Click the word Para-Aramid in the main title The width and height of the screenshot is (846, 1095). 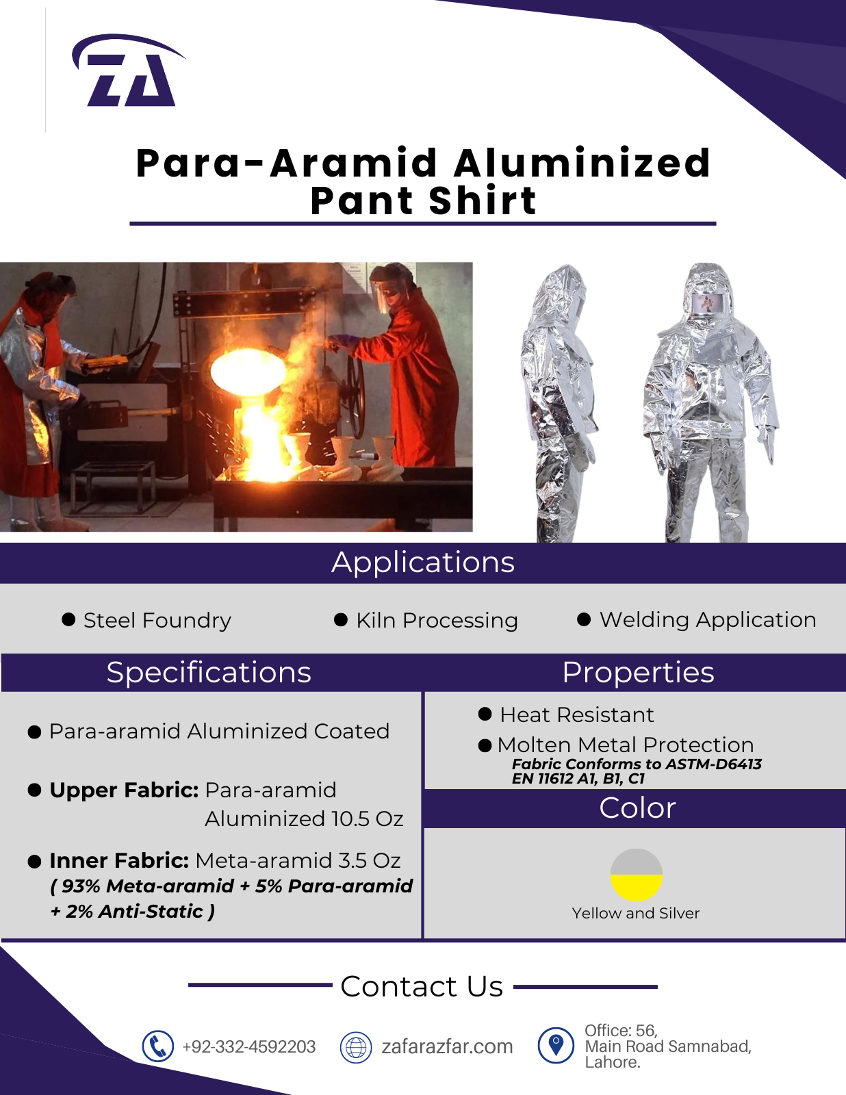(287, 163)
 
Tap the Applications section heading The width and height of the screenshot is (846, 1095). (423, 563)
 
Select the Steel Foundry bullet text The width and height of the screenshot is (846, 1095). (157, 620)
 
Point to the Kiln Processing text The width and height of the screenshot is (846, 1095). (437, 620)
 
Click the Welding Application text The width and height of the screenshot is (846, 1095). (708, 619)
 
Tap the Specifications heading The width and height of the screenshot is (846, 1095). (209, 673)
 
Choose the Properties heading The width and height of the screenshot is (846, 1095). (639, 673)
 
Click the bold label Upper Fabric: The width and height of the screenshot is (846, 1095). (124, 790)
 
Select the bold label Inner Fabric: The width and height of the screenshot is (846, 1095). (119, 861)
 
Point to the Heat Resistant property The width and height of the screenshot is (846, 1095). (577, 714)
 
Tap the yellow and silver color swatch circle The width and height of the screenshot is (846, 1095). (637, 875)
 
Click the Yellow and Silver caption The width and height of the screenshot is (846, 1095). (636, 913)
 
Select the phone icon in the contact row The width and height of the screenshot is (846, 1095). (157, 1046)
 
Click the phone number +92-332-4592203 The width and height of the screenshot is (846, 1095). (249, 1046)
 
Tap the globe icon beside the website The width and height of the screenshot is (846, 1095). (356, 1047)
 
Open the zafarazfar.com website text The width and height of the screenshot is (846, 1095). (447, 1046)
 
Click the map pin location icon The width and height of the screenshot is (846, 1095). (556, 1046)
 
